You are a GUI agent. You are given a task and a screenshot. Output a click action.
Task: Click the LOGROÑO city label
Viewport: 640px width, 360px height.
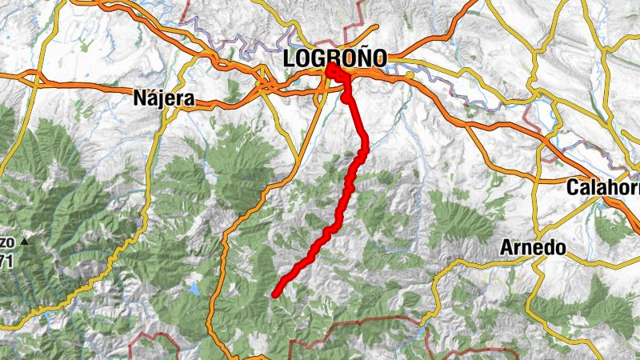pyautogui.click(x=334, y=58)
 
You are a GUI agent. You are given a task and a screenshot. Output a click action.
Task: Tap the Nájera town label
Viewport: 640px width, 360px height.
pyautogui.click(x=164, y=99)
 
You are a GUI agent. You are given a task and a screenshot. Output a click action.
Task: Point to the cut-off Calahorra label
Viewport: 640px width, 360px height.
pyautogui.click(x=602, y=187)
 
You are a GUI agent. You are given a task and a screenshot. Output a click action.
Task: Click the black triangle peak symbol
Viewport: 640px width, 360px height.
pyautogui.click(x=25, y=241)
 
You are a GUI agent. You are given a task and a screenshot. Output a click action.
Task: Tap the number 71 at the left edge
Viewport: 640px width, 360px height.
pyautogui.click(x=7, y=260)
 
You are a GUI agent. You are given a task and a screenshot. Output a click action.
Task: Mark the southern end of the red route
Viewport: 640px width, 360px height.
pyautogui.click(x=275, y=294)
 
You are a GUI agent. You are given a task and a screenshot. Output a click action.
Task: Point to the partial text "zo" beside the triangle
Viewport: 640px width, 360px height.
pyautogui.click(x=7, y=241)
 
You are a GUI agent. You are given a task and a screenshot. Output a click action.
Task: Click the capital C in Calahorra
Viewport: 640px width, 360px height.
pyautogui.click(x=572, y=187)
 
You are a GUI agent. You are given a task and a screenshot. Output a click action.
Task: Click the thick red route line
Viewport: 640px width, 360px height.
pyautogui.click(x=344, y=192)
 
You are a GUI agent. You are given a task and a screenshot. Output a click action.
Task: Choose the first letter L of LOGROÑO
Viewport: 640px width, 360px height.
pyautogui.click(x=290, y=58)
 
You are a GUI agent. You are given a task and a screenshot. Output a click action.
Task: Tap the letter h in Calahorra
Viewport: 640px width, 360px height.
pyautogui.click(x=610, y=187)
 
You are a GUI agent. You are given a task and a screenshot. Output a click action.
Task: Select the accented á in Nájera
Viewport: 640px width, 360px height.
pyautogui.click(x=154, y=99)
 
